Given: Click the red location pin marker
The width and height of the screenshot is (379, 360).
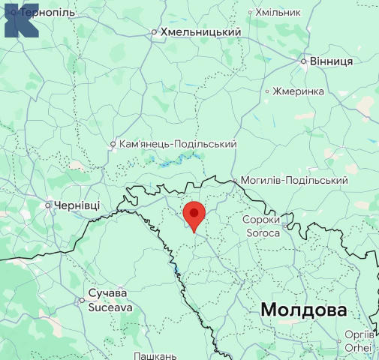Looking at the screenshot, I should pyautogui.click(x=194, y=214).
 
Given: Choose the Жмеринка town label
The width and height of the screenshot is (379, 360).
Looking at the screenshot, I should pyautogui.click(x=299, y=91).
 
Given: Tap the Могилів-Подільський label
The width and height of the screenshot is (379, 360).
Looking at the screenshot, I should pyautogui.click(x=294, y=181).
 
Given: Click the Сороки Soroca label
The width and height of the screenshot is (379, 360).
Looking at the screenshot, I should pyautogui.click(x=261, y=226).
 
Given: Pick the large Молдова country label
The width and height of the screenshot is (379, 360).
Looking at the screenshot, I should pyautogui.click(x=304, y=310).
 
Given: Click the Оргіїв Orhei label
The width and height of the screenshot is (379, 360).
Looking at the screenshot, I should pyautogui.click(x=357, y=340).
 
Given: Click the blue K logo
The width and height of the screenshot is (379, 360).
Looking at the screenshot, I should pyautogui.click(x=20, y=19).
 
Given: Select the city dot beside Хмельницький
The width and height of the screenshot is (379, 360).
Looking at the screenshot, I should pyautogui.click(x=154, y=32).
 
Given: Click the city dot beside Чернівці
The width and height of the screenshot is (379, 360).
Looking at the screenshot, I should pyautogui.click(x=49, y=204).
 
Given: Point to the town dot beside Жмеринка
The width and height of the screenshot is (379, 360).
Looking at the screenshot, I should pyautogui.click(x=267, y=91).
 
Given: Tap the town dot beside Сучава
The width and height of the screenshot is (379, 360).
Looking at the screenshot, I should pyautogui.click(x=82, y=300).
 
